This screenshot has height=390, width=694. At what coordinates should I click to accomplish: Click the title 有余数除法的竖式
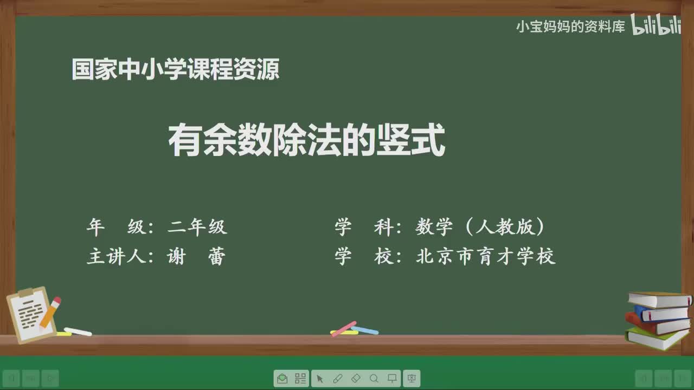pos(306,141)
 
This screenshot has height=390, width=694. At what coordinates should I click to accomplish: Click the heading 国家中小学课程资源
pos(176,70)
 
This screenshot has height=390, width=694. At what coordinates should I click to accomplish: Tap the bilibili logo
pos(656,25)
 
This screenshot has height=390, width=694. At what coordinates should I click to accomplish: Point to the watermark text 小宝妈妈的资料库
pos(570,27)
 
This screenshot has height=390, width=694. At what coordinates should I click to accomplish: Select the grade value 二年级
pos(197,227)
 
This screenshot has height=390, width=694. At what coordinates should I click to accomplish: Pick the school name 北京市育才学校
pos(486,256)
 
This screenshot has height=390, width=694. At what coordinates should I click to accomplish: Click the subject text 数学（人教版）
pos(480,227)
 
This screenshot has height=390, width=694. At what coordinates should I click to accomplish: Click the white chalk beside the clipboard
pos(78,331)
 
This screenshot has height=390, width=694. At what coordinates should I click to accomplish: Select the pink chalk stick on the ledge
pos(344,328)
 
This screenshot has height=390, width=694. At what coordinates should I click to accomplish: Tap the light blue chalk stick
pos(365,330)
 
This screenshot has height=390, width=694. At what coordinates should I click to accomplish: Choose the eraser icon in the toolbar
pos(356,379)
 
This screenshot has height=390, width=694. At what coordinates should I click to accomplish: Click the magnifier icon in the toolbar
pos(374,379)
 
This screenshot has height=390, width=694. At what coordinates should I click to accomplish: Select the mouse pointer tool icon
pos(319,379)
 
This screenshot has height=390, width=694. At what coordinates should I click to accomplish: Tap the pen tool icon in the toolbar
pos(337,379)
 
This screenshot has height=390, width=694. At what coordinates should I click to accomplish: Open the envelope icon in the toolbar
pos(282,379)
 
